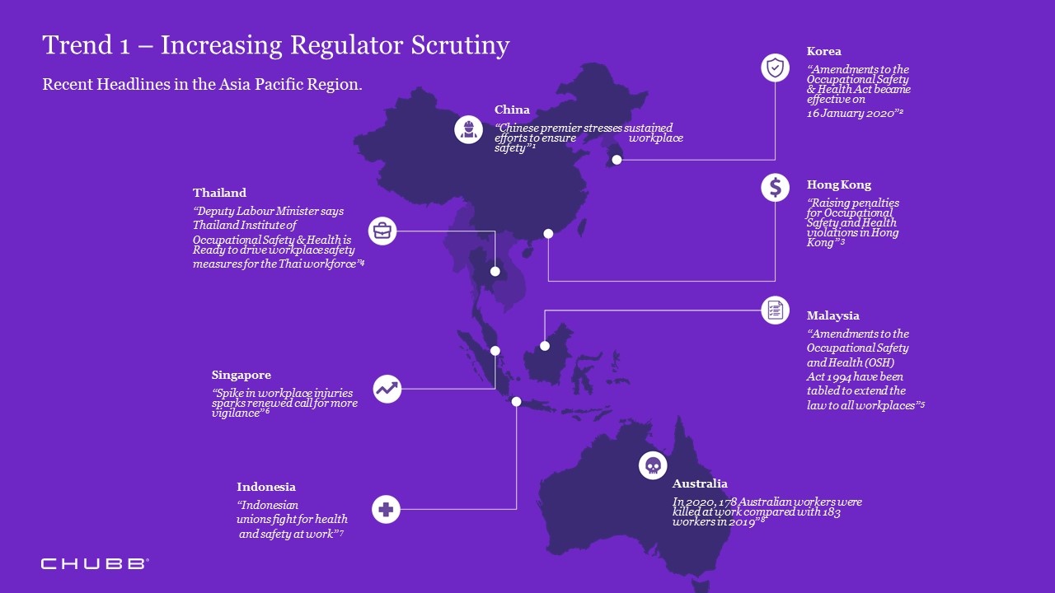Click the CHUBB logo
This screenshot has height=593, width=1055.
pyautogui.click(x=95, y=563)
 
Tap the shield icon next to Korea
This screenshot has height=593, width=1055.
pyautogui.click(x=775, y=68)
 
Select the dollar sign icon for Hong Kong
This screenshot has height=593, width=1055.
pyautogui.click(x=775, y=187)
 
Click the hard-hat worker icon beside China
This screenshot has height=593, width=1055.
pyautogui.click(x=468, y=129)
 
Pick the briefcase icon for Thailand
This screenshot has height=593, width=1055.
pyautogui.click(x=382, y=231)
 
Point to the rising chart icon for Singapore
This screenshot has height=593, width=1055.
pyautogui.click(x=387, y=389)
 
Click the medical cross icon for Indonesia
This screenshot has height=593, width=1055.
pyautogui.click(x=385, y=509)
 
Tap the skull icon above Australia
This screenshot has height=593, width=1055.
pyautogui.click(x=653, y=465)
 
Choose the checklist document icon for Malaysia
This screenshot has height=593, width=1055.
pyautogui.click(x=775, y=310)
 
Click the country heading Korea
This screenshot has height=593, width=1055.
pyautogui.click(x=824, y=51)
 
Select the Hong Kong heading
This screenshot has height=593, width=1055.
pyautogui.click(x=839, y=184)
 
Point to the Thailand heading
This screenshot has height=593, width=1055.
pyautogui.click(x=219, y=193)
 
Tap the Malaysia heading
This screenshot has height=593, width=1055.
pyautogui.click(x=833, y=315)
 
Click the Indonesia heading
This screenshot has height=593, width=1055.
pyautogui.click(x=266, y=487)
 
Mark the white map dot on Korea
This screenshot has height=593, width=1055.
pyautogui.click(x=617, y=160)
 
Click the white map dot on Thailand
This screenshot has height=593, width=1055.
pyautogui.click(x=495, y=271)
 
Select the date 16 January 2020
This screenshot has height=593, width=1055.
pyautogui.click(x=851, y=114)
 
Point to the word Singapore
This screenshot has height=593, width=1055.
pyautogui.click(x=241, y=375)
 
